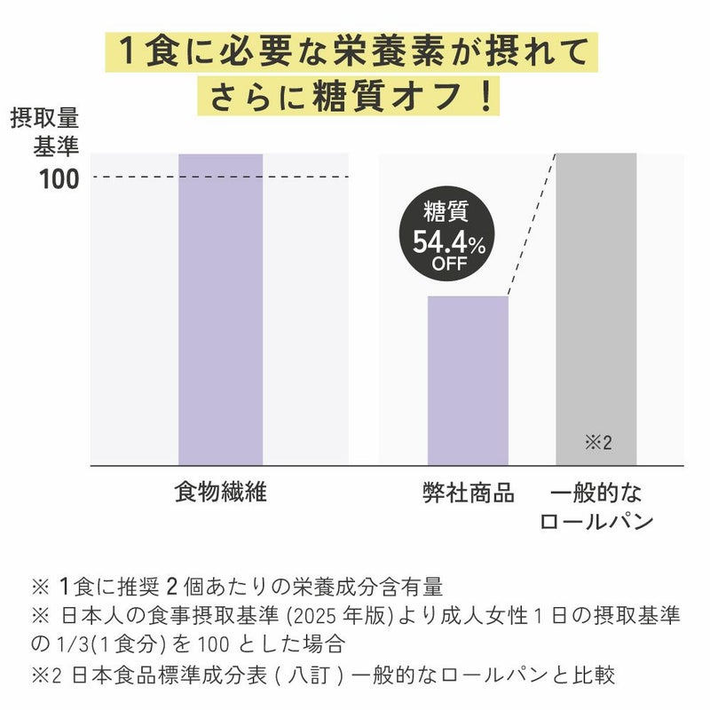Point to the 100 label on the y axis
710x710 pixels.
point(59,179)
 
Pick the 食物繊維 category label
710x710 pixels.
point(220,493)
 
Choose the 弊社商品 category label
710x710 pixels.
point(468,493)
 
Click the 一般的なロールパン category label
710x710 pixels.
point(596,507)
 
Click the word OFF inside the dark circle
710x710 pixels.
point(449,264)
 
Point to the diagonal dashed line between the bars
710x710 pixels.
point(531,225)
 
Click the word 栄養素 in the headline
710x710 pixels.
point(351,51)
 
